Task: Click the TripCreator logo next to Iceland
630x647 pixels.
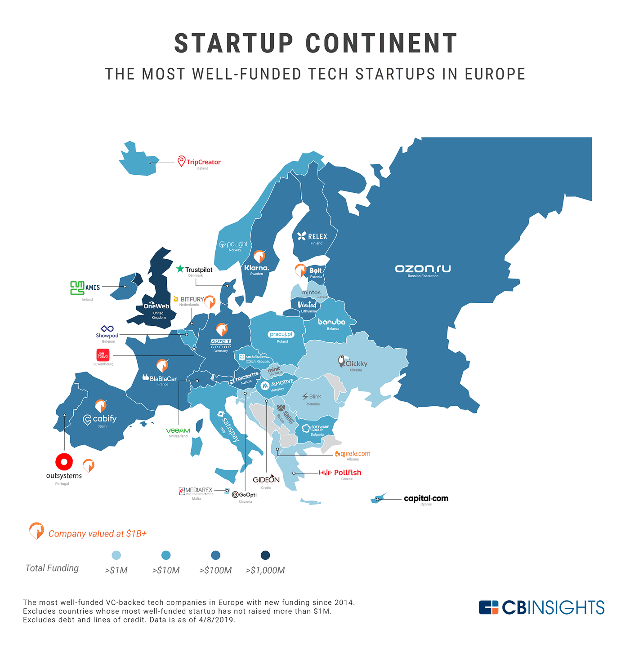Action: coord(198,162)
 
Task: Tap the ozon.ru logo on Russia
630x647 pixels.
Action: coord(423,269)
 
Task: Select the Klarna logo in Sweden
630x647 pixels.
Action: coord(256,268)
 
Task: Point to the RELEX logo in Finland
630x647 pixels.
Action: coord(312,236)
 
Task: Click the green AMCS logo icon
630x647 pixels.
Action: coord(77,288)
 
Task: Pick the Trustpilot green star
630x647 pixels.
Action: coord(180,269)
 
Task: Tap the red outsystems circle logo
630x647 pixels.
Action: coord(64,461)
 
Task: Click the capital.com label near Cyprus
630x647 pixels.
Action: coord(426,498)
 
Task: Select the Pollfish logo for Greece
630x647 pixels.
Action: coord(340,472)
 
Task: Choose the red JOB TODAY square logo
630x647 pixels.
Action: coord(103,355)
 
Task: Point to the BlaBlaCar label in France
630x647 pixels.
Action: coord(160,378)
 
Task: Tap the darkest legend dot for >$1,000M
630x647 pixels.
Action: coord(265,555)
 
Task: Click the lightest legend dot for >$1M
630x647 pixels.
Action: coord(116,555)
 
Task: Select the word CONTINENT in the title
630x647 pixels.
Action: coord(381,44)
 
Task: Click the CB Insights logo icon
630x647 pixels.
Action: coord(488,607)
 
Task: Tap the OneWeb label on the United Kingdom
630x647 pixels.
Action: coord(156,306)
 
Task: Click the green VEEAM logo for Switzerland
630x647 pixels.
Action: coord(178,430)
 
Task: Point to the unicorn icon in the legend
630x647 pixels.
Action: coord(36,531)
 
